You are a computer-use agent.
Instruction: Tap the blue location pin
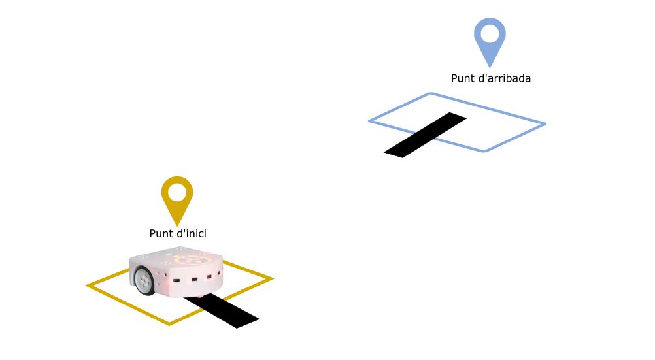click(x=490, y=42)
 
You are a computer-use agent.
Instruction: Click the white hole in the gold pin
click(x=177, y=193)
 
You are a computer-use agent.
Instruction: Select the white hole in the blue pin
click(x=490, y=34)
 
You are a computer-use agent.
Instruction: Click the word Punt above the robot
click(x=161, y=233)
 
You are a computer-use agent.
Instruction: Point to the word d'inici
click(x=191, y=233)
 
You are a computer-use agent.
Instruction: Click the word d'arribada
click(x=504, y=78)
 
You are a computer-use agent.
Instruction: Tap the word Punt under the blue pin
click(x=462, y=78)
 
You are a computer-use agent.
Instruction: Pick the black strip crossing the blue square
click(x=426, y=135)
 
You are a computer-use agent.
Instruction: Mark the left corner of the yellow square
click(x=86, y=286)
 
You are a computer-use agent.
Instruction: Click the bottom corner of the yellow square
click(x=169, y=324)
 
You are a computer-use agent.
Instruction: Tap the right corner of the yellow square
click(x=273, y=278)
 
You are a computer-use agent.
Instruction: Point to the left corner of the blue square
click(x=369, y=121)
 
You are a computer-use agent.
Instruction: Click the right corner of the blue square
click(x=546, y=123)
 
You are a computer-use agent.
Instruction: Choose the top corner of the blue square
click(x=431, y=93)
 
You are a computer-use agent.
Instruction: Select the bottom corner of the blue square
click(x=484, y=151)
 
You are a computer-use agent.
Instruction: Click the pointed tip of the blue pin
click(x=490, y=68)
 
